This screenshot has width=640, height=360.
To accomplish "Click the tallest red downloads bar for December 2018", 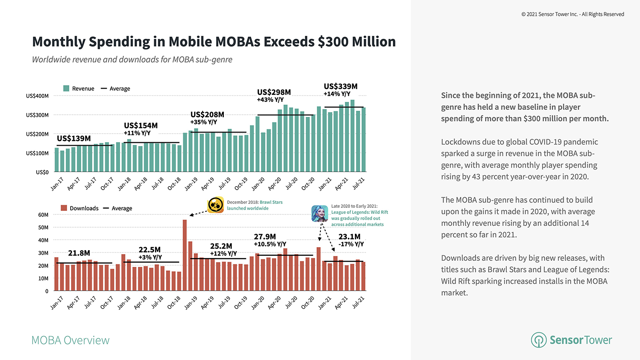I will tap(184, 255).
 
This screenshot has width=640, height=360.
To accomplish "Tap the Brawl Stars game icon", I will tap(215, 205).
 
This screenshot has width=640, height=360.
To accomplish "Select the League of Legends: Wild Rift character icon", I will tap(319, 214).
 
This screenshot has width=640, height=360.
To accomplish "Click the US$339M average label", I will tap(340, 86).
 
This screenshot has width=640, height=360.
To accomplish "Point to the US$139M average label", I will tap(74, 138).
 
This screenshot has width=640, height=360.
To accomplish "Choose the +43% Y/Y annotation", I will tap(271, 100).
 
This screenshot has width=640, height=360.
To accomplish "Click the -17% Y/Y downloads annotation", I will tap(351, 244).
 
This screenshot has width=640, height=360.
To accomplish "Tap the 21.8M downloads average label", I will tap(79, 253).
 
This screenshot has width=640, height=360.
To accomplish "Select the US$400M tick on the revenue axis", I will tap(38, 96).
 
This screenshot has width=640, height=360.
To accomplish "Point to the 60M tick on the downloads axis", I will tap(43, 215).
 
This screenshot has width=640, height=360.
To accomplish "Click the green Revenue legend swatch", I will tap(66, 89).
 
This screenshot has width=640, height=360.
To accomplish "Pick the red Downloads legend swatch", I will tap(64, 208).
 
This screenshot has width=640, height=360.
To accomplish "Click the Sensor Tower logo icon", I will tap(538, 340).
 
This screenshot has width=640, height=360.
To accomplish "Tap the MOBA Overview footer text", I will tap(71, 340).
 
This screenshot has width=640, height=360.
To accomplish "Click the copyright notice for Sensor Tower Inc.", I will tap(572, 14).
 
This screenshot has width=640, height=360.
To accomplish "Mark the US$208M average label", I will tap(207, 114).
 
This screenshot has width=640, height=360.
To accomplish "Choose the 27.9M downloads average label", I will tap(265, 236).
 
